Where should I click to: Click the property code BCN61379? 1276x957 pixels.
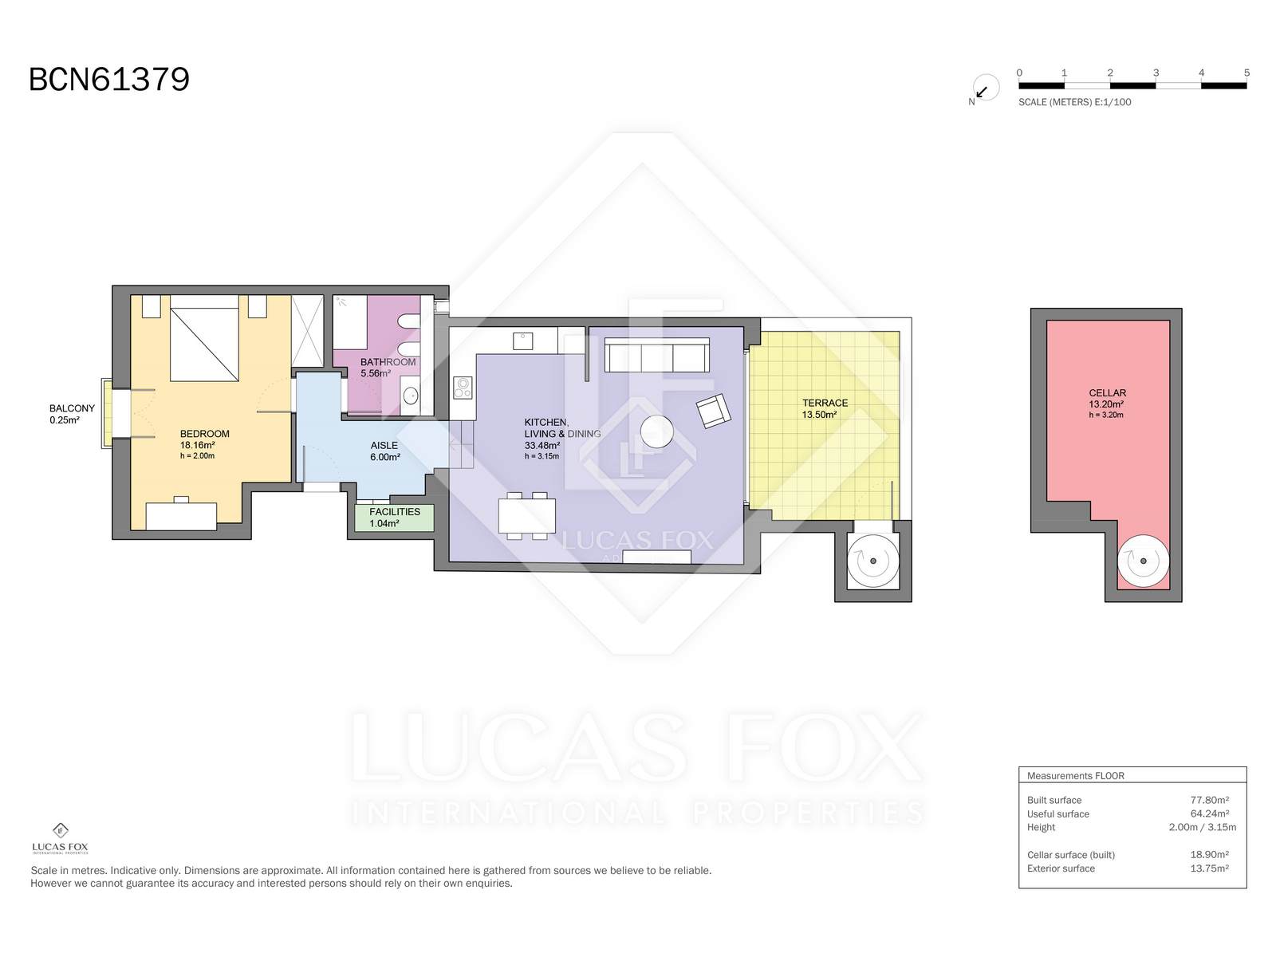pos(109,79)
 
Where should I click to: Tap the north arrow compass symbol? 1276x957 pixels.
pos(986,89)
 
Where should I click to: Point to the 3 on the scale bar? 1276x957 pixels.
pos(1156,73)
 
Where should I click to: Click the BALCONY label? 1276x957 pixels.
pos(72,408)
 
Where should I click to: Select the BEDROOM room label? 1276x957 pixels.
pos(205,434)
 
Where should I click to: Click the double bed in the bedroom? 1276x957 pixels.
pos(204,338)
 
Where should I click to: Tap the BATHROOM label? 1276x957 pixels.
pos(388,362)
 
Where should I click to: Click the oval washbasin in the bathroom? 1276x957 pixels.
pos(411,396)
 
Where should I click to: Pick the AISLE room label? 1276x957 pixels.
pos(384,446)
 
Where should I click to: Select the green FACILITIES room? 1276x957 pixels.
pos(395,517)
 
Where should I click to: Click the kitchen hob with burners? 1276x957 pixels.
pos(463,388)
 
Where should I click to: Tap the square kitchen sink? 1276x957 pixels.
pos(522,341)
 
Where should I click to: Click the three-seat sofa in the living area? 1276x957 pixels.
pos(657,355)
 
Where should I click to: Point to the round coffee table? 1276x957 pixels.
pos(657,431)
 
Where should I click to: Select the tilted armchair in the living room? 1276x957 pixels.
pos(713,411)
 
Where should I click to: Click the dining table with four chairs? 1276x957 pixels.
pos(526,516)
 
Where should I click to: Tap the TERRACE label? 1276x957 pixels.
pos(825,403)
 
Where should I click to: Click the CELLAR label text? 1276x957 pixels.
pos(1108,393)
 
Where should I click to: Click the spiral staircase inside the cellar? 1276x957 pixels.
pos(1143,561)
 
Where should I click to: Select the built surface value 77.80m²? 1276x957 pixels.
pos(1209,800)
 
